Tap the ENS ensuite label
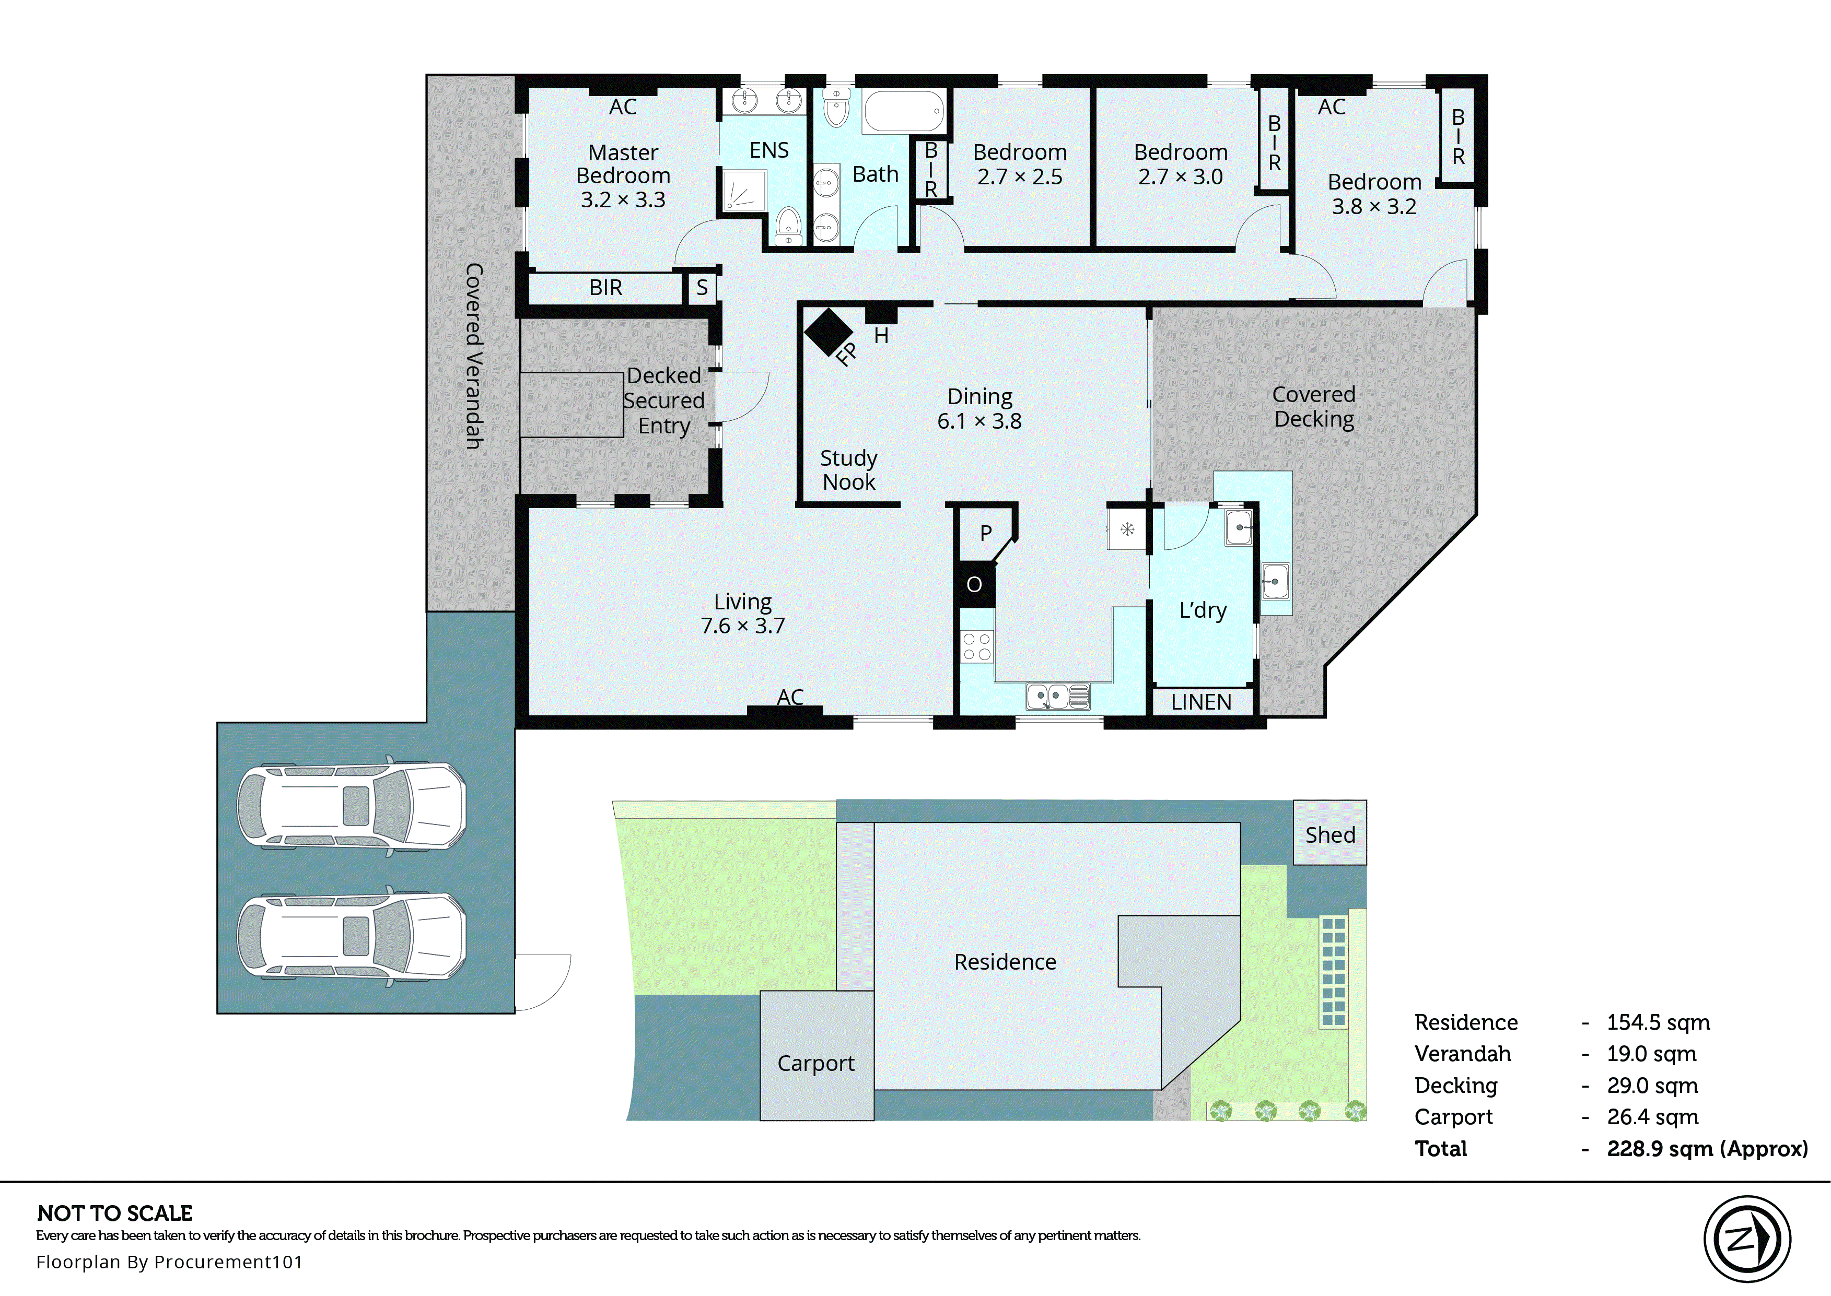click(768, 150)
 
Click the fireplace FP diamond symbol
click(829, 332)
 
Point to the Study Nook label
click(848, 470)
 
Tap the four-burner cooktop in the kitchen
click(977, 647)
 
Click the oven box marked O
click(974, 585)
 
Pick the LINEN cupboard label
click(1201, 702)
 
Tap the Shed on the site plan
click(1329, 834)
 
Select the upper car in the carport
click(351, 806)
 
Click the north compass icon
click(1746, 1239)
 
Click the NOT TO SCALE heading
click(115, 1214)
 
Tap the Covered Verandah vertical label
click(474, 356)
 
